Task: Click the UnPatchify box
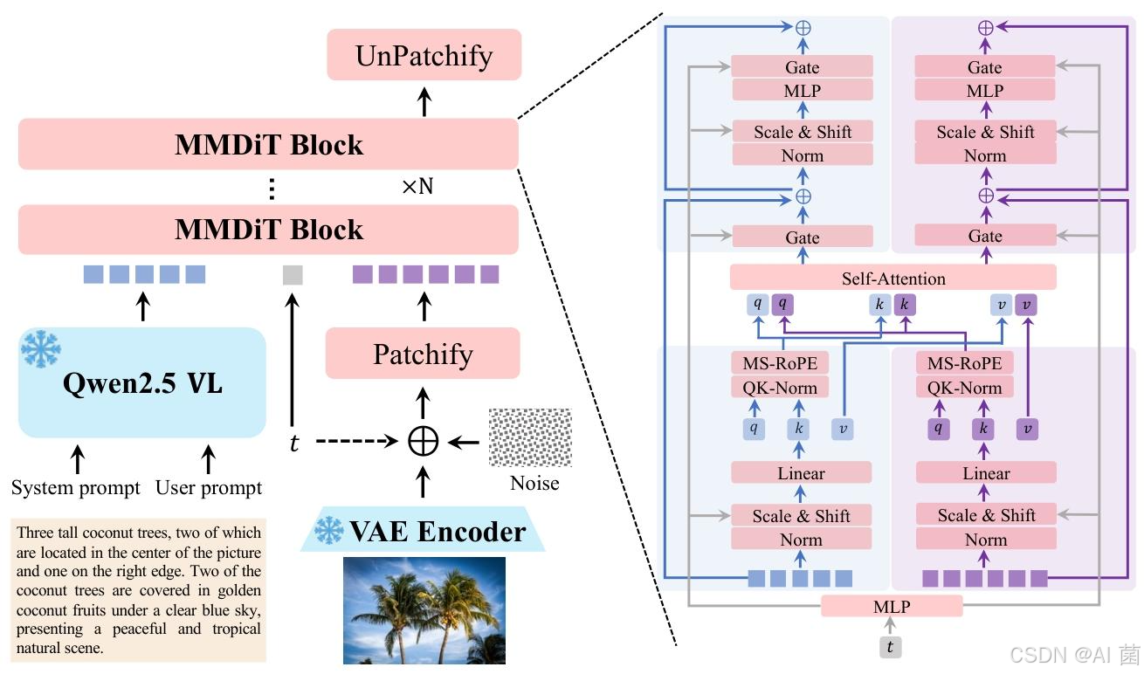424,56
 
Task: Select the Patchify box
423,354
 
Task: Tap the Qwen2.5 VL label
142,384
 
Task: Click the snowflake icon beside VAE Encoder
328,530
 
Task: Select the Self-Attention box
892,279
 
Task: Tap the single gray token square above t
293,275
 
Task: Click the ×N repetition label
417,186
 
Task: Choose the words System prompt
76,487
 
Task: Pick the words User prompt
209,487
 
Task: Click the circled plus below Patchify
424,442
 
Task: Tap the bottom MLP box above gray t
892,606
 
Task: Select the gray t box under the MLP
890,647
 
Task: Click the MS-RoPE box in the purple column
964,363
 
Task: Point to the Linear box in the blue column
801,473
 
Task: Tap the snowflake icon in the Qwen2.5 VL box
40,347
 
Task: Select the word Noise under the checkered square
534,483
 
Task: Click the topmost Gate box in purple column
985,67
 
